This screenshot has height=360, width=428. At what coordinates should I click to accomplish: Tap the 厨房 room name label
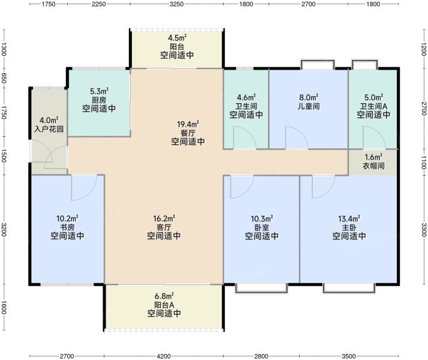pyautogui.click(x=99, y=100)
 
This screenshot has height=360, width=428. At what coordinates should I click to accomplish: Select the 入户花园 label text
pyautogui.click(x=49, y=129)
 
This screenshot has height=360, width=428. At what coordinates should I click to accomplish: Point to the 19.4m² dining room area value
pyautogui.click(x=188, y=125)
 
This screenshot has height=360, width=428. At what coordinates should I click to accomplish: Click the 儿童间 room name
pyautogui.click(x=309, y=106)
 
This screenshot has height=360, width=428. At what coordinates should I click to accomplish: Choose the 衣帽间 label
pyautogui.click(x=373, y=166)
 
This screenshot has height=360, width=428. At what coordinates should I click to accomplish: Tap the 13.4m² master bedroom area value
pyautogui.click(x=349, y=219)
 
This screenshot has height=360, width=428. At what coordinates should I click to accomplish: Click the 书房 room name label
pyautogui.click(x=67, y=227)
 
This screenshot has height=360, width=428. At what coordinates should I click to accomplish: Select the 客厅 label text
pyautogui.click(x=164, y=227)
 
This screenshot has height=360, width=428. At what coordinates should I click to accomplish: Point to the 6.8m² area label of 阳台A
pyautogui.click(x=164, y=296)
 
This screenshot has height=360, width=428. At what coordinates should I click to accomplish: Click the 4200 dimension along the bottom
pyautogui.click(x=164, y=356)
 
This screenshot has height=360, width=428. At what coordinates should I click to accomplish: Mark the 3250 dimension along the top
pyautogui.click(x=177, y=4)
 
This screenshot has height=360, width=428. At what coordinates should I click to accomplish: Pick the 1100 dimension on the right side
pyautogui.click(x=423, y=162)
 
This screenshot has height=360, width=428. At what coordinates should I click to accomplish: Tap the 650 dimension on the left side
pyautogui.click(x=3, y=82)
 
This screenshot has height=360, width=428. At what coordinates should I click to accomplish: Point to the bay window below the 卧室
pyautogui.click(x=261, y=288)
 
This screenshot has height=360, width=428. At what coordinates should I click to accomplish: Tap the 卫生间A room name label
pyautogui.click(x=373, y=106)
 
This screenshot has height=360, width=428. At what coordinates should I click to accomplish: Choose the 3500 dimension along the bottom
pyautogui.click(x=348, y=356)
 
